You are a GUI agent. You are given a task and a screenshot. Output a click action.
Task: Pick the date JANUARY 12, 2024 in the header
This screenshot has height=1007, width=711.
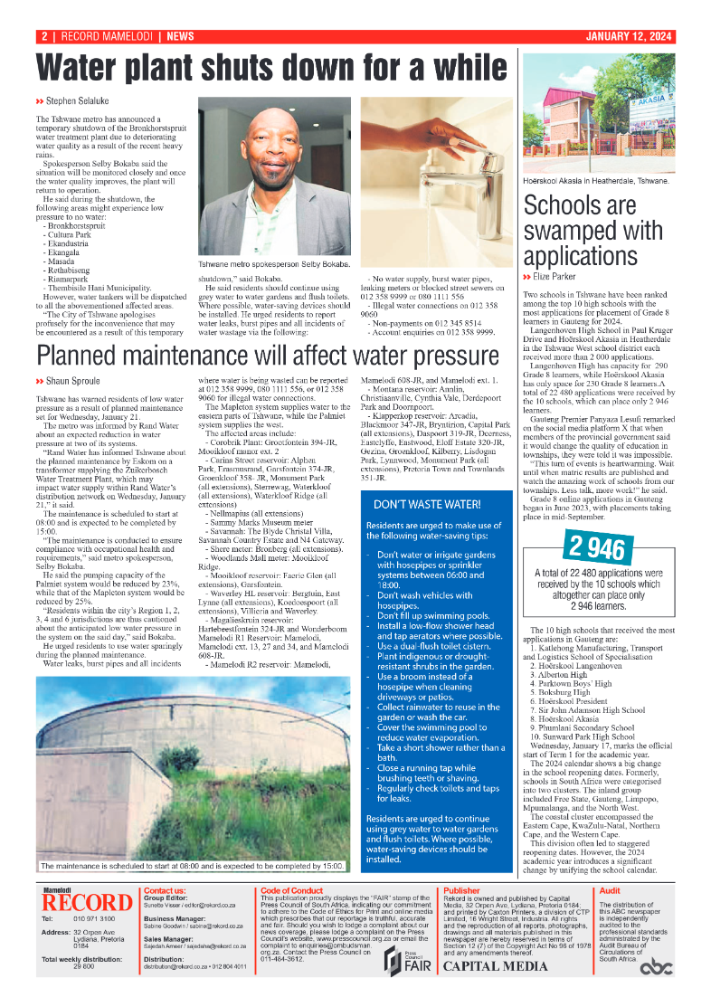click(x=628, y=37)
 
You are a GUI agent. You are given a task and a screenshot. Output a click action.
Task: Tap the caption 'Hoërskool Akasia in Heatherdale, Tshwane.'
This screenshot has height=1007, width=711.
click(x=596, y=181)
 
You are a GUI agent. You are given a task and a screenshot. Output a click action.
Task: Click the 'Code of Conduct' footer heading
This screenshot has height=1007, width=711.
click(x=287, y=891)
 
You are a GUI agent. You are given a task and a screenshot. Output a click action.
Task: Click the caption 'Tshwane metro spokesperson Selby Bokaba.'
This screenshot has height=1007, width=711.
click(x=274, y=264)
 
